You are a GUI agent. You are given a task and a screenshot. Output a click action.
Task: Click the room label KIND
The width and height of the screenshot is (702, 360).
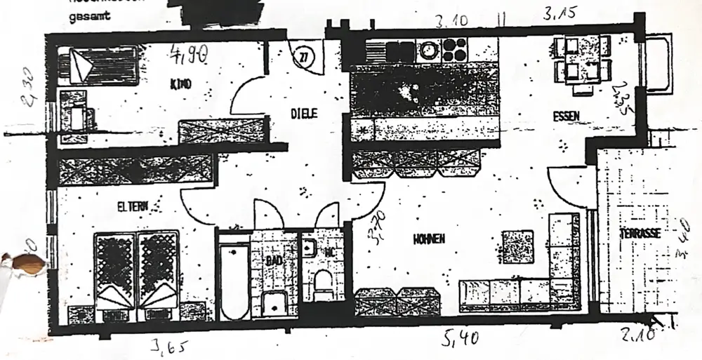pyautogui.click(x=182, y=85)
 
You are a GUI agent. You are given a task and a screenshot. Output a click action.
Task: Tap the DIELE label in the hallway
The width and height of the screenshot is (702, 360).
pyautogui.click(x=305, y=112)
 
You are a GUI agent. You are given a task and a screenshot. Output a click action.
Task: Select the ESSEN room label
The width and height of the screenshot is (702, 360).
pyautogui.click(x=566, y=116)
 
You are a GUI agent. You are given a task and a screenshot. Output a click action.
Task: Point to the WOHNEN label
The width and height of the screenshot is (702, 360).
pyautogui.click(x=429, y=239)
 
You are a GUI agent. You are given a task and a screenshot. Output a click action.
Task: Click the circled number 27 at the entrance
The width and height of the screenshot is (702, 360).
pyautogui.click(x=303, y=57)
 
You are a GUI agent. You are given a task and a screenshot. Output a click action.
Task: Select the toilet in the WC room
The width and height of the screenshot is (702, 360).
pyautogui.click(x=323, y=286)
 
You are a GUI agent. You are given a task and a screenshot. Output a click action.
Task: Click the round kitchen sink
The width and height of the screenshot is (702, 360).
pyautogui.click(x=427, y=51)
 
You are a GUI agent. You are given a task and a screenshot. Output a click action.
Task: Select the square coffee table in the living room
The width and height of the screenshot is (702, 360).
pyautogui.click(x=520, y=247)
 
